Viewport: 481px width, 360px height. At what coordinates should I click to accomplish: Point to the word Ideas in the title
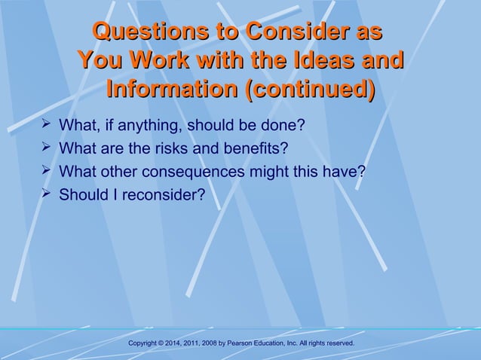pos(321,61)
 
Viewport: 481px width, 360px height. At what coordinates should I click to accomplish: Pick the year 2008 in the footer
pos(219,343)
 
